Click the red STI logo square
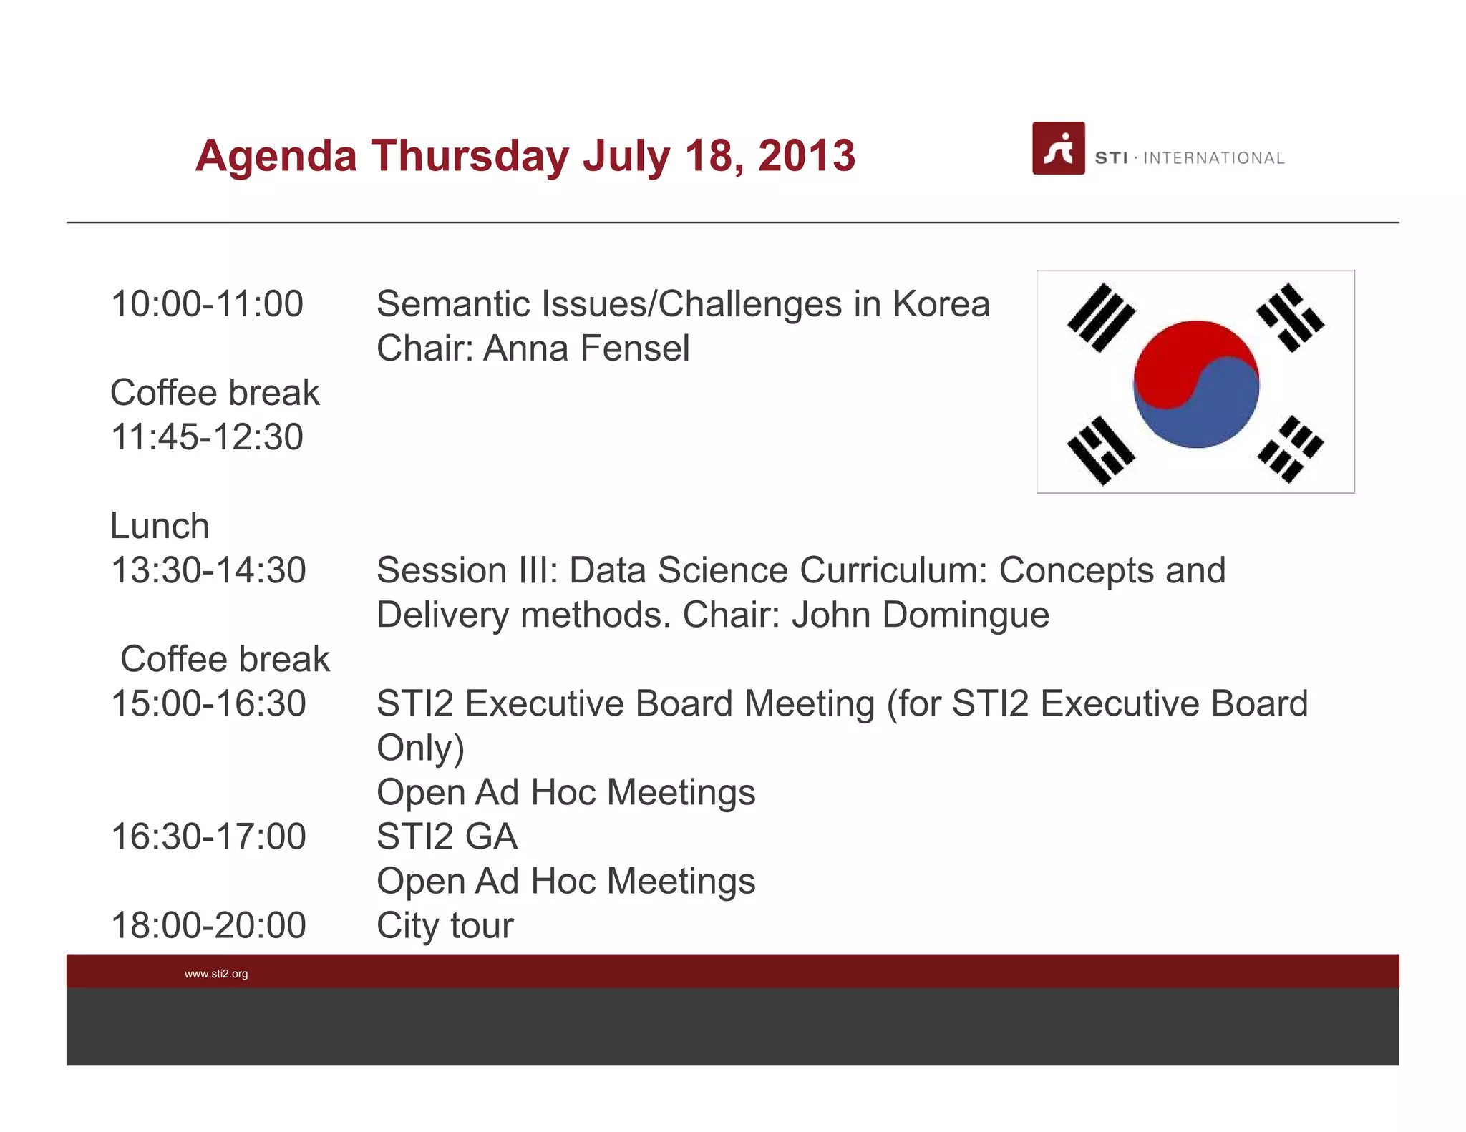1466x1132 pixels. (1058, 148)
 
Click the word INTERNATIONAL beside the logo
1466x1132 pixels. (1214, 158)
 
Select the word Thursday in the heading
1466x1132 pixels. (469, 155)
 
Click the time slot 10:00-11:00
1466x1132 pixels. (208, 303)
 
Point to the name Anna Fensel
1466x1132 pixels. (586, 348)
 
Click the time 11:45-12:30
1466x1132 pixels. (208, 436)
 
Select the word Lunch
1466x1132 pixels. (160, 526)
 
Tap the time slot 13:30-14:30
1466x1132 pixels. (208, 570)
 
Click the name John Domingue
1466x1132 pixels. (921, 615)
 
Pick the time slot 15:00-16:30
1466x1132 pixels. (208, 703)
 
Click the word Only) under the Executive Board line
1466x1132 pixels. (420, 748)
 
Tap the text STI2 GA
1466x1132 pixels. (447, 836)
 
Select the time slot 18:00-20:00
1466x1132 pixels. (208, 925)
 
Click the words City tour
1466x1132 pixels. (445, 925)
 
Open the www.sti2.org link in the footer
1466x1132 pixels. (216, 974)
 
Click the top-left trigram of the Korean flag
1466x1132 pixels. (1101, 318)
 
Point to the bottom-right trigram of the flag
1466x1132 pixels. (1291, 449)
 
